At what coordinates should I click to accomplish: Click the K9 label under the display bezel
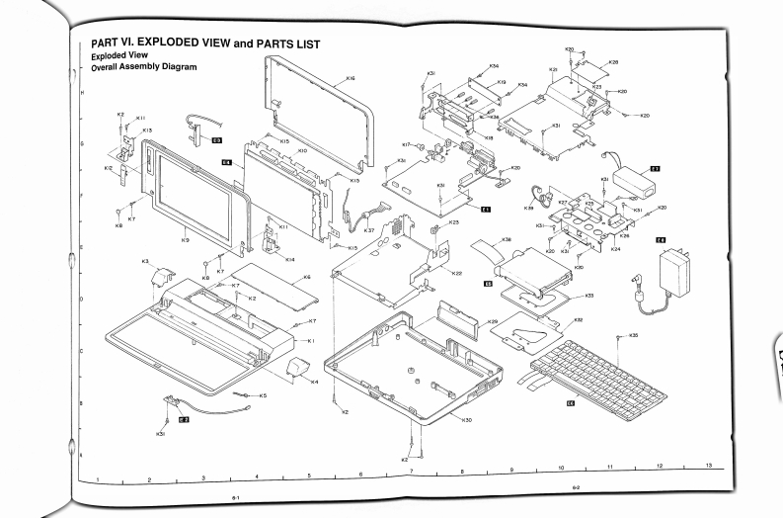tap(185, 237)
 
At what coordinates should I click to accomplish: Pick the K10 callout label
tap(302, 150)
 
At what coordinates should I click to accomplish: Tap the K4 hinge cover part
tap(296, 372)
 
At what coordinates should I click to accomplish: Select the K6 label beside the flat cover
tap(307, 277)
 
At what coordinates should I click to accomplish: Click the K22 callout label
tap(456, 273)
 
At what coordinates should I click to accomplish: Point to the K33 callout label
tap(589, 296)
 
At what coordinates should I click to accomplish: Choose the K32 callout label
tap(579, 320)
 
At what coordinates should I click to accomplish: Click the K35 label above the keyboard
tap(634, 335)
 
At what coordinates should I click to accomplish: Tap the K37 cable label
tap(369, 230)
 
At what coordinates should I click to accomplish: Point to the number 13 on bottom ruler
tap(708, 465)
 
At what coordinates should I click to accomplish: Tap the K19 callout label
tap(501, 82)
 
